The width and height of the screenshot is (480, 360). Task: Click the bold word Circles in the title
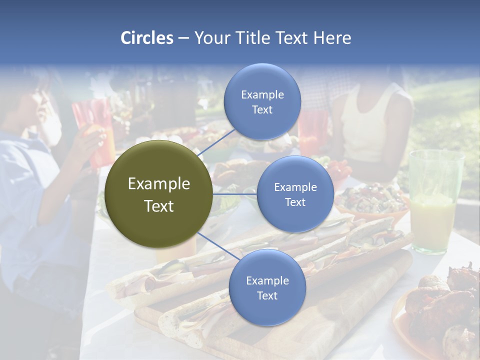point(147,38)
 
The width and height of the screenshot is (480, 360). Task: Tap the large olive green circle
point(159,194)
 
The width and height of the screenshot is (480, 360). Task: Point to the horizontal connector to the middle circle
point(235,194)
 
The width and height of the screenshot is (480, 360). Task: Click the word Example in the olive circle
point(159,184)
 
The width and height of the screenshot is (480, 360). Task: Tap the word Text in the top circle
point(262,110)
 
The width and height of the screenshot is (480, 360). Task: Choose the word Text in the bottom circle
point(267,296)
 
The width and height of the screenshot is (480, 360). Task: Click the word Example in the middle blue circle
point(295,187)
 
